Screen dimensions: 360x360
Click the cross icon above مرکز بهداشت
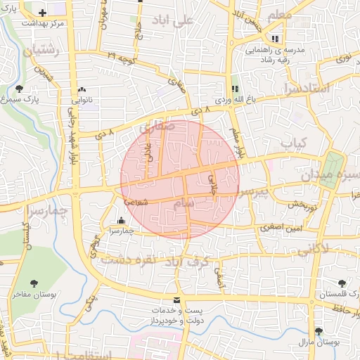pos(44,13)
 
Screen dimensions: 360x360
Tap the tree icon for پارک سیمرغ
pos(18,89)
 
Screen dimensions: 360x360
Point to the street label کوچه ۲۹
pos(120,54)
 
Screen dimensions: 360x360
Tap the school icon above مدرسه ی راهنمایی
pos(275,39)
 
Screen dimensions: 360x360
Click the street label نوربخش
pos(288,204)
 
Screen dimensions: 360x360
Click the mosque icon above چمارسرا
pos(122,220)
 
